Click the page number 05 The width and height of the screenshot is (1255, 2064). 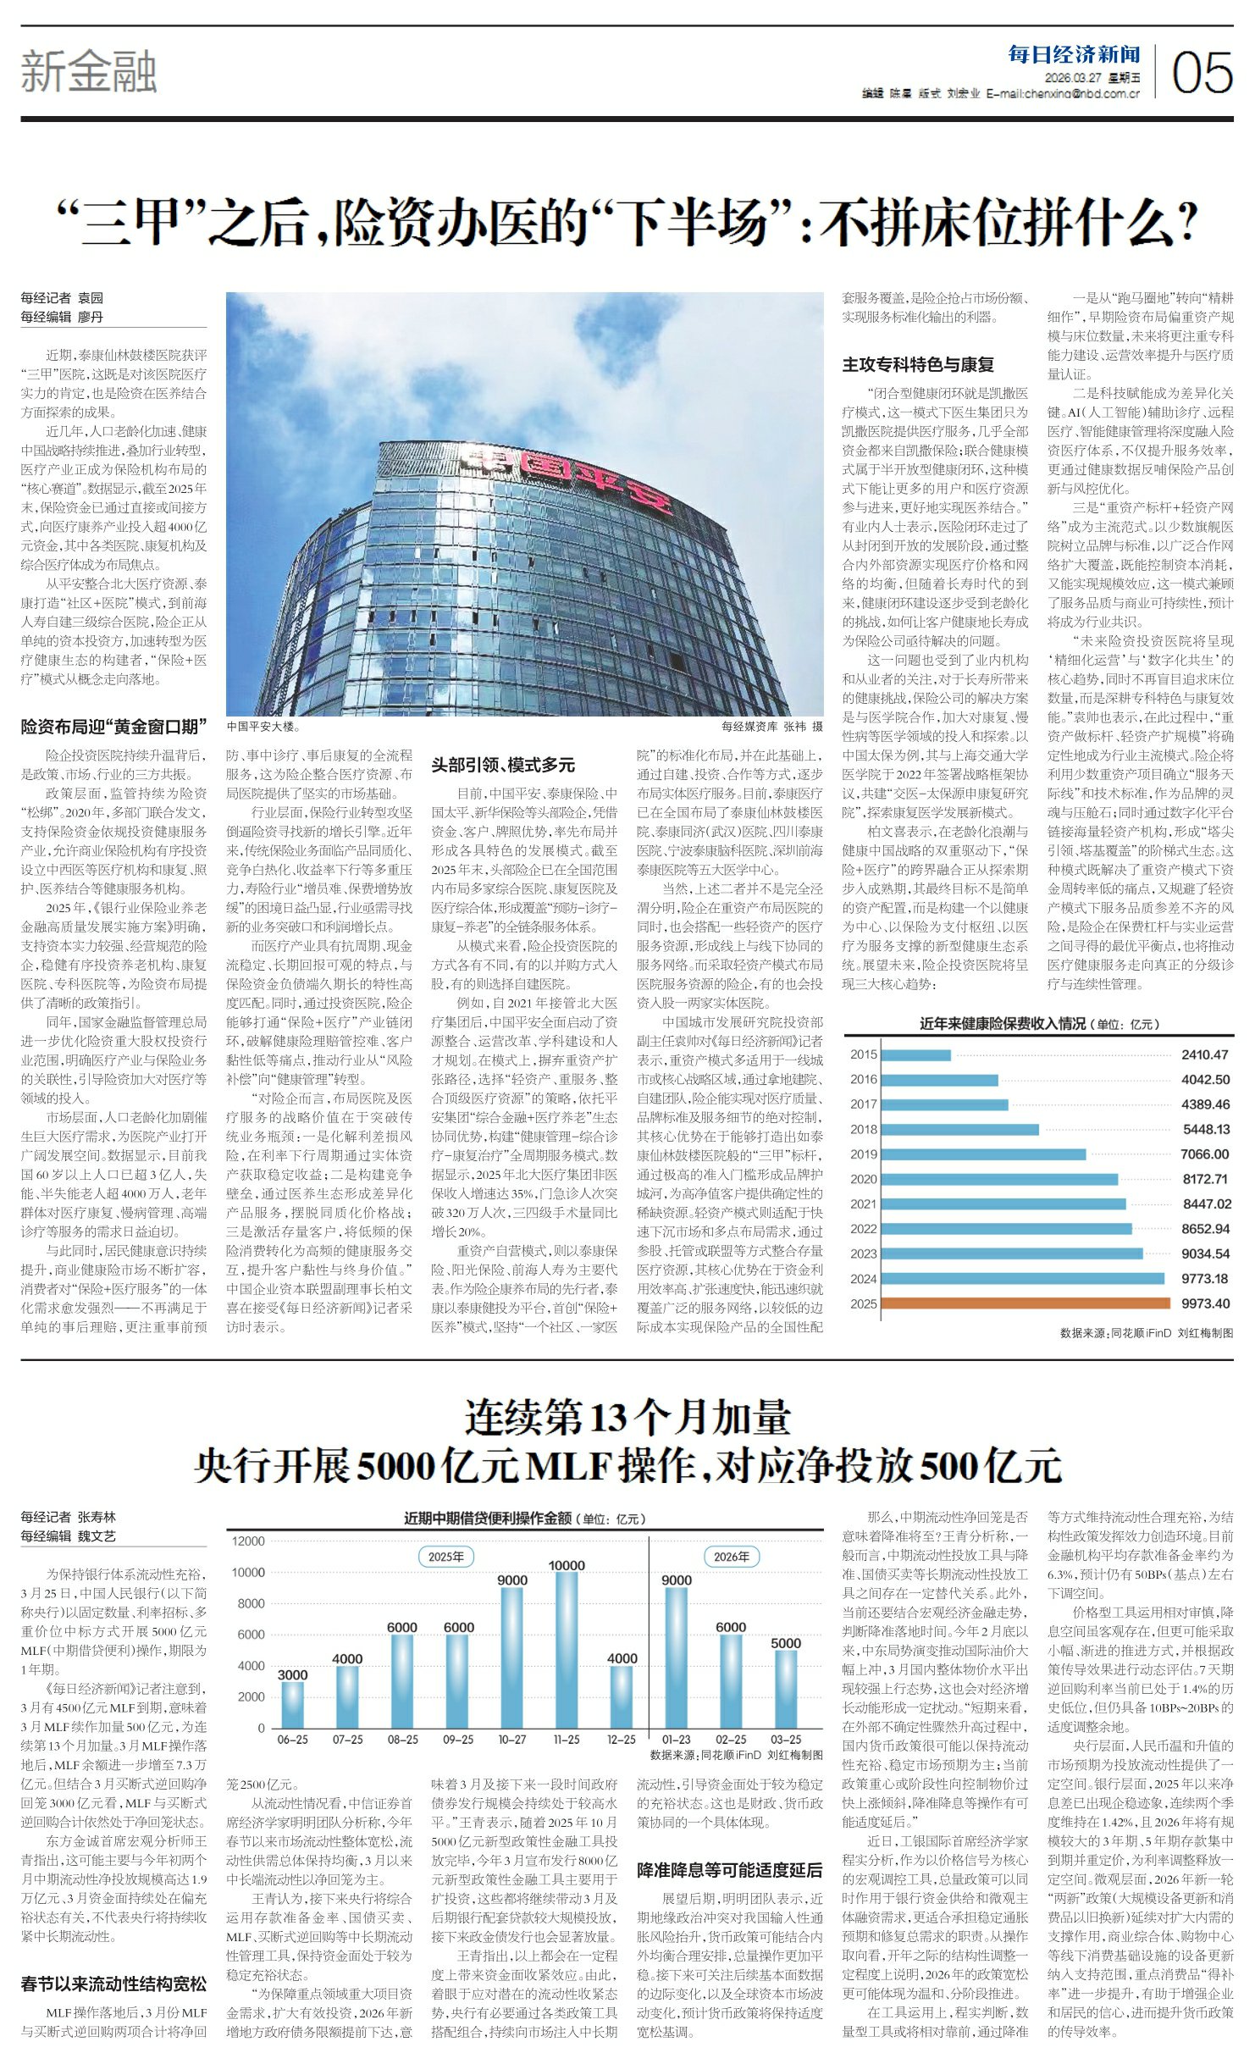tap(1202, 72)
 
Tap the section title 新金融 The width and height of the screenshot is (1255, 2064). tap(89, 72)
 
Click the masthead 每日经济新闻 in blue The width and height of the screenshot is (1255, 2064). tap(1074, 55)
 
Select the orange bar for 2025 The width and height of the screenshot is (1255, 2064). tap(1026, 1303)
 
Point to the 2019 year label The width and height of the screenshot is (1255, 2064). tap(863, 1154)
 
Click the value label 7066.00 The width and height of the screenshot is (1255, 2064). tap(1204, 1154)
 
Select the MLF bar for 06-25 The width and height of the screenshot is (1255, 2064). tap(292, 1705)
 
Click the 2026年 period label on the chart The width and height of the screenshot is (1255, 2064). tap(732, 1556)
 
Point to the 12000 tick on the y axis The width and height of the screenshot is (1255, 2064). tap(248, 1541)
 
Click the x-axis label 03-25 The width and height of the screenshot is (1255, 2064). tap(785, 1740)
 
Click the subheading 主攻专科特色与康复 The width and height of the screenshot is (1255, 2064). tap(917, 365)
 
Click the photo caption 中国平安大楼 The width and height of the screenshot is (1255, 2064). tap(263, 727)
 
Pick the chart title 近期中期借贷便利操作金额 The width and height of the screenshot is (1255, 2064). tap(487, 1519)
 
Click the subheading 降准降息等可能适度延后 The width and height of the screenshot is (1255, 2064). tap(729, 1869)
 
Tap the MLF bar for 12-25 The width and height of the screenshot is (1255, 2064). tap(622, 1696)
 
